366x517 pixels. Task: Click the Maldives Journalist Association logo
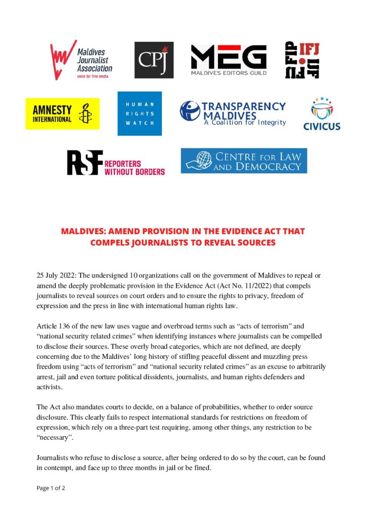[x=81, y=60]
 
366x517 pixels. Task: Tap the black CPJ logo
[x=154, y=60]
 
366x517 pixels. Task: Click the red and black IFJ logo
[x=302, y=60]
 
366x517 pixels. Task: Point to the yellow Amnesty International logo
[x=62, y=114]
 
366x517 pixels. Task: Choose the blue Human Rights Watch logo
[x=140, y=114]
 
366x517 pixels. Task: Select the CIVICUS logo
[x=322, y=115]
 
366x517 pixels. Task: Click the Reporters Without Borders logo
[x=116, y=163]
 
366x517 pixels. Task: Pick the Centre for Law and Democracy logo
[x=244, y=161]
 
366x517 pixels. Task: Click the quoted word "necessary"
[x=54, y=436]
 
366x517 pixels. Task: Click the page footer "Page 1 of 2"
[x=51, y=488]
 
